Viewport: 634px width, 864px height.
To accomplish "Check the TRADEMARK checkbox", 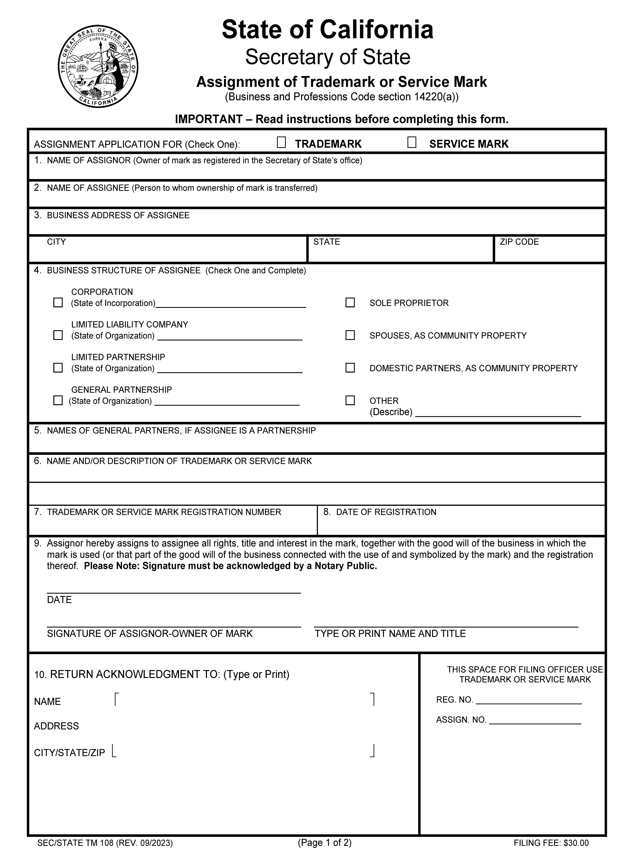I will coord(281,143).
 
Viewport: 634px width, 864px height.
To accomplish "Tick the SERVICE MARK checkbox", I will coord(412,143).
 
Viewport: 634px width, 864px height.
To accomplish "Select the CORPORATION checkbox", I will coord(58,303).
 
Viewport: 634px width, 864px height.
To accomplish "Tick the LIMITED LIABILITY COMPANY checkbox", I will coord(58,335).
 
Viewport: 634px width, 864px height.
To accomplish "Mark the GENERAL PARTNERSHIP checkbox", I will coord(58,400).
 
